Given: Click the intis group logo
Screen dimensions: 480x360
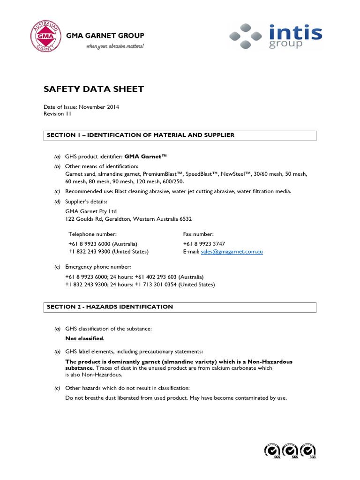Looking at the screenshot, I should pyautogui.click(x=276, y=37).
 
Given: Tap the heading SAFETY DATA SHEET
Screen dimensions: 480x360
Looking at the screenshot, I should pyautogui.click(x=94, y=89).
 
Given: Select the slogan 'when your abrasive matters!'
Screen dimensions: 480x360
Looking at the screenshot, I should pyautogui.click(x=114, y=46).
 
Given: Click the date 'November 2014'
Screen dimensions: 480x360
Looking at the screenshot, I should pyautogui.click(x=99, y=107).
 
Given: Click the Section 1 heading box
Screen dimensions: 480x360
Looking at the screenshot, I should pyautogui.click(x=180, y=135).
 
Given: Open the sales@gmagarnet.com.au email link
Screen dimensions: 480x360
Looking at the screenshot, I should pyautogui.click(x=232, y=252).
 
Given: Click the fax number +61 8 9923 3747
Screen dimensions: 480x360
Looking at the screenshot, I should pyautogui.click(x=204, y=244).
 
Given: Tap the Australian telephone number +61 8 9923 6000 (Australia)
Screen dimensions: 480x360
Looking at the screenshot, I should pyautogui.click(x=103, y=244).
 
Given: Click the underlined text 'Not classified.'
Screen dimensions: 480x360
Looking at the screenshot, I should pyautogui.click(x=85, y=338).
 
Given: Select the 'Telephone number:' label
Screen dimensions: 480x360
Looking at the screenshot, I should pyautogui.click(x=93, y=234).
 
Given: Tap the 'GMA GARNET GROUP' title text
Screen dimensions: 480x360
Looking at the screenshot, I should pyautogui.click(x=105, y=36).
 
